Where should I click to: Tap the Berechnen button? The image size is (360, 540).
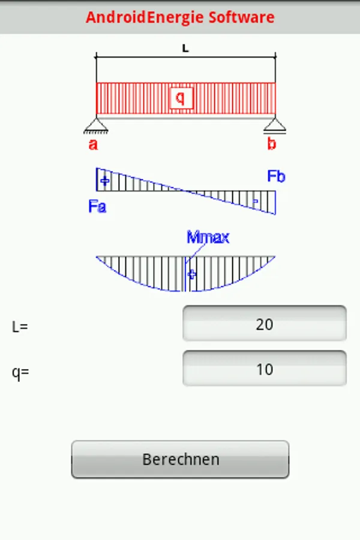point(180,460)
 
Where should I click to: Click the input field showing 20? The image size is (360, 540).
point(264,324)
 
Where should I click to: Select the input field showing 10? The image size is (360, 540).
point(264,369)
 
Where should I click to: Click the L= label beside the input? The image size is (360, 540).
point(20,327)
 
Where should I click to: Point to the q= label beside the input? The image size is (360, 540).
point(20,372)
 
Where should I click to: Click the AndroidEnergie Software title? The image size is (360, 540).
point(180,17)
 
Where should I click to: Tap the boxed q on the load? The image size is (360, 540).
point(181,97)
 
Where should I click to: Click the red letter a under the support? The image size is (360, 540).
point(93,144)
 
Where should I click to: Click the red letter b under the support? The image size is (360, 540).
point(272,144)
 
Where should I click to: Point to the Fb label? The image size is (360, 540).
point(276,176)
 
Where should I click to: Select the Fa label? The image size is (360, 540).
point(97,207)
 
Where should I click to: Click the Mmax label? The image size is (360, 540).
point(208,237)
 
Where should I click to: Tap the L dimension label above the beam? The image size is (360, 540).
point(185,49)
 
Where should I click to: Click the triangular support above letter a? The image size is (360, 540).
point(96,125)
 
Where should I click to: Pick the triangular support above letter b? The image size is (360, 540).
point(275,125)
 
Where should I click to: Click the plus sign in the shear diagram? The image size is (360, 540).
point(105,180)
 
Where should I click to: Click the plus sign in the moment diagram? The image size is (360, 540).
point(191,274)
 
